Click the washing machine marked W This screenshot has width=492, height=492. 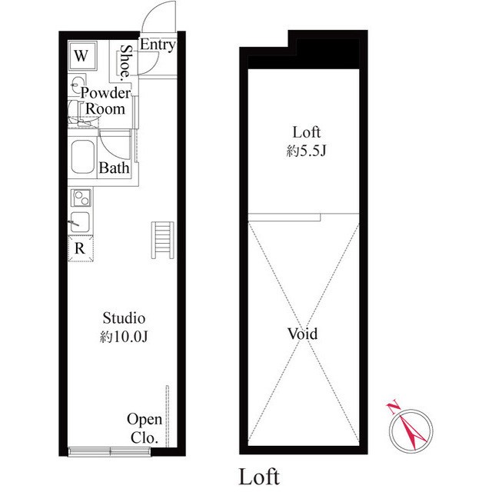pos(82,56)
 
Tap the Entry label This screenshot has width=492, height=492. pos(158,45)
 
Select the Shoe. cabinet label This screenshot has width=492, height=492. pos(126,61)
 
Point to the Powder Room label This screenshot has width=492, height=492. pos(105,101)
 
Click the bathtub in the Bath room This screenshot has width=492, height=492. pos(82,157)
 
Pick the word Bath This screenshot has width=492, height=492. pos(114,168)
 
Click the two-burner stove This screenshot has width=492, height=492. pos(81,198)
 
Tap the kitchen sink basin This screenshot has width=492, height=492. pos(80,222)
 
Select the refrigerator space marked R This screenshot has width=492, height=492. pos(81,249)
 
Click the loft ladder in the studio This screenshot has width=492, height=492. pos(162,240)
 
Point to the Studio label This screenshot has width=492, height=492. pos(124,318)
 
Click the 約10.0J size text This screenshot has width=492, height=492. pos(124,337)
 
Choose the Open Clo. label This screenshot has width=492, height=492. pos(145,428)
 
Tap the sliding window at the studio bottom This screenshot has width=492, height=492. pos(109,451)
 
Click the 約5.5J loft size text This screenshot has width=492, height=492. pos(306,151)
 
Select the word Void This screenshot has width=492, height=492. pos(302,334)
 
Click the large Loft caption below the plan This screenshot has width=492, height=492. pos(259,477)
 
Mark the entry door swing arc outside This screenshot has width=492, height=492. pos(149,12)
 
